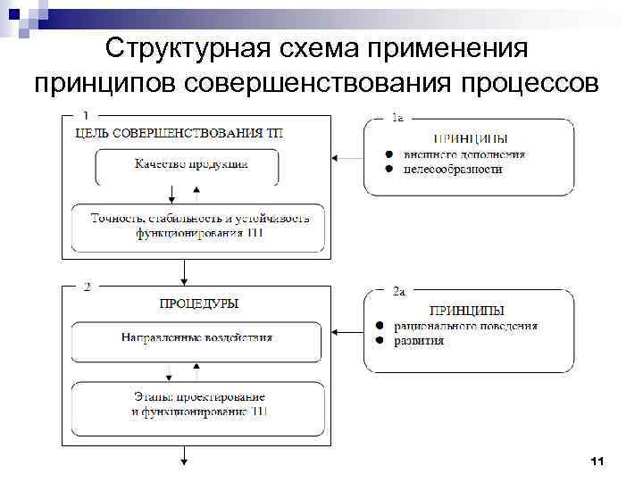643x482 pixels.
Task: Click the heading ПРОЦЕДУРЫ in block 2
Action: click(199, 303)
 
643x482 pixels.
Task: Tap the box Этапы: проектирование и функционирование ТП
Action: click(198, 403)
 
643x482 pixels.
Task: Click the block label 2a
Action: click(400, 291)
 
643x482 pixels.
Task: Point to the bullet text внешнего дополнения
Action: click(464, 154)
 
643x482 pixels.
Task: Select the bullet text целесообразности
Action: click(453, 169)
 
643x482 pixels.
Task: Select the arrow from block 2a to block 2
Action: click(347, 331)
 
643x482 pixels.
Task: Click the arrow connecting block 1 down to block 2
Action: click(184, 270)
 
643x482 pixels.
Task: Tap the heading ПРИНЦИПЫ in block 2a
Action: click(467, 312)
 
